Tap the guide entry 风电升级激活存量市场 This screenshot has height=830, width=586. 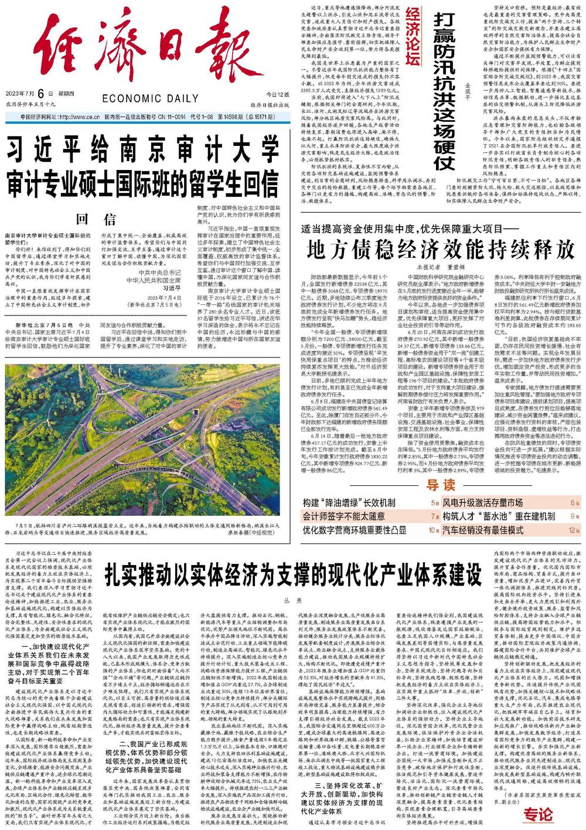482,503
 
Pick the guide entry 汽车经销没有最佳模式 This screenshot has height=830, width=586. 482,530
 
